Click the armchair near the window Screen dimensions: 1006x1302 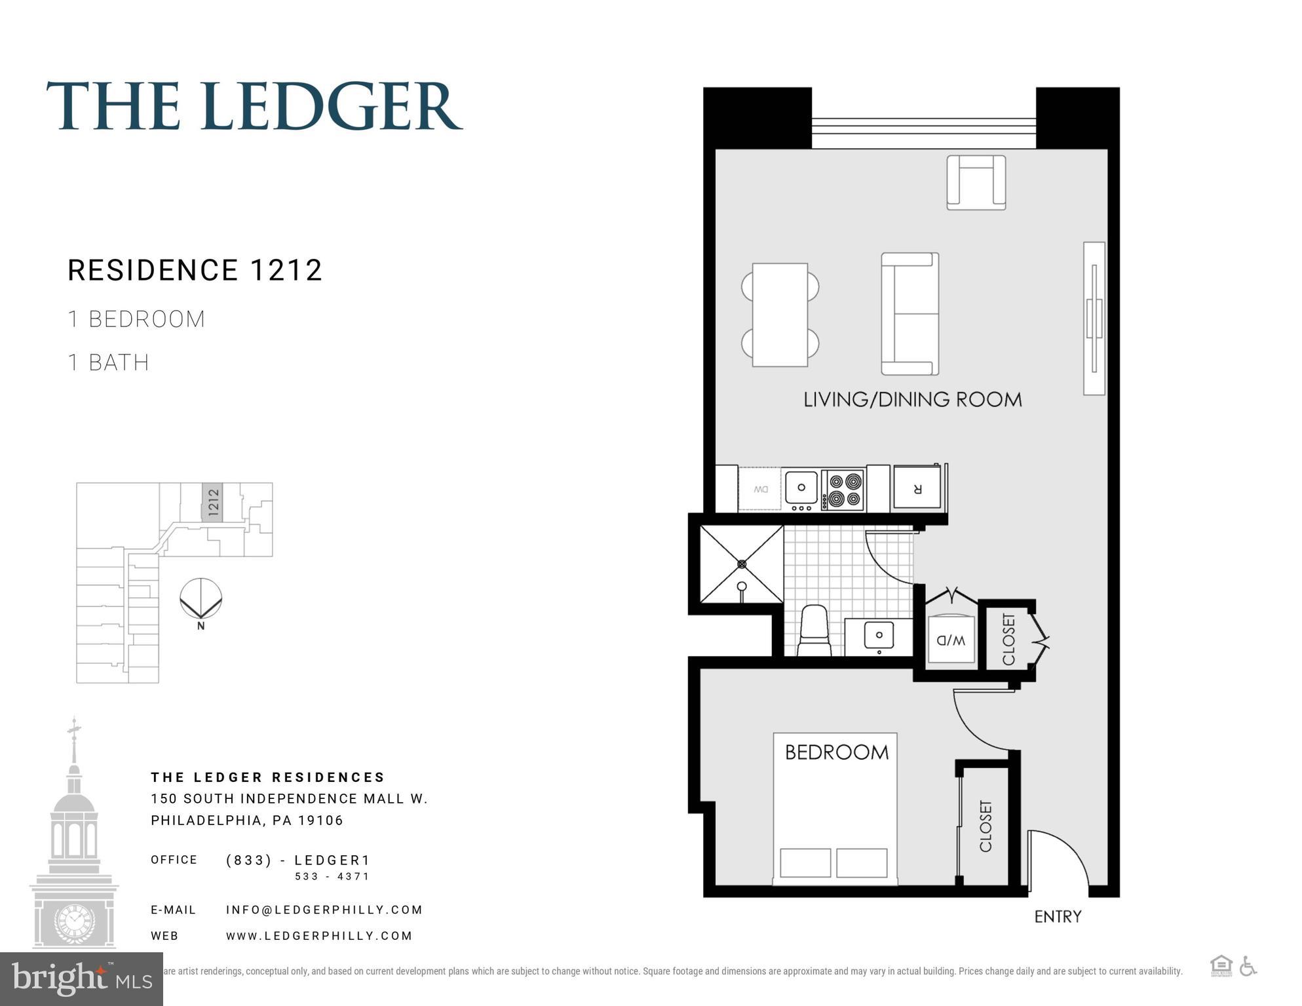tap(976, 183)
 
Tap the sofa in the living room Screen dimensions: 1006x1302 tap(909, 314)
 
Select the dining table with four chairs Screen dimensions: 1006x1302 tap(780, 315)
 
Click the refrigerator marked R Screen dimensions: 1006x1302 tap(917, 488)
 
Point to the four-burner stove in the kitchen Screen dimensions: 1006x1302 tap(843, 490)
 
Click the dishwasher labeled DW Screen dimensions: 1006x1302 tap(760, 489)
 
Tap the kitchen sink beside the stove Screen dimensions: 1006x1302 tap(801, 488)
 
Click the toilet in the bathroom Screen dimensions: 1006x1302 tap(814, 629)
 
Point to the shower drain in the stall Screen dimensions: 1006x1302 tap(742, 564)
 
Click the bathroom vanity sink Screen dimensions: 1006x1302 tap(879, 635)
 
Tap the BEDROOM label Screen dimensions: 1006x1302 tap(837, 752)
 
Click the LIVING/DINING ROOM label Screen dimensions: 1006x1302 tap(912, 400)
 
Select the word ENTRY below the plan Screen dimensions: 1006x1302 tap(1058, 917)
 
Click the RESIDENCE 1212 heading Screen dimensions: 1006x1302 tap(195, 270)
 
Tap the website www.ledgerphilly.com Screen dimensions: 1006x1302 tap(319, 936)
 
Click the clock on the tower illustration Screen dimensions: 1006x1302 tap(74, 920)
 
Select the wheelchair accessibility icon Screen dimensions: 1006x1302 tap(1248, 966)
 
